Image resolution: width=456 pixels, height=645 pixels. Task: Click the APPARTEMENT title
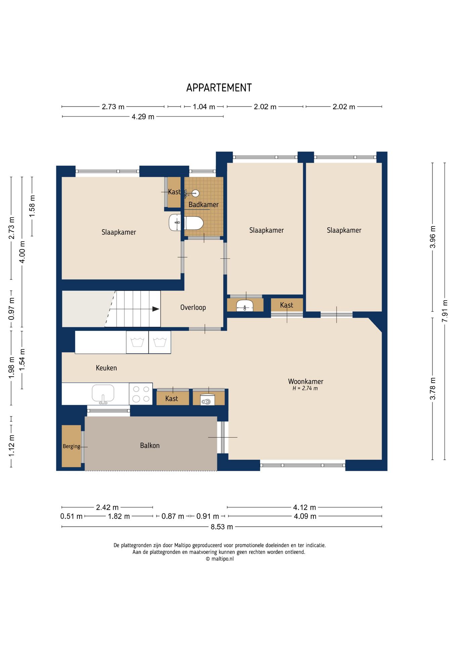tap(219, 88)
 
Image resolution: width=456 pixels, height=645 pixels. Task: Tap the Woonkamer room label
tap(306, 381)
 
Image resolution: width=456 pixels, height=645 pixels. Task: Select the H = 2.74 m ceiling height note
tap(305, 388)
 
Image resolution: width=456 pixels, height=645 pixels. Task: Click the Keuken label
tap(106, 368)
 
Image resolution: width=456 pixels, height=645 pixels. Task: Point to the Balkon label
tap(150, 445)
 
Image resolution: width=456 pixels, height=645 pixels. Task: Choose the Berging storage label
tap(72, 446)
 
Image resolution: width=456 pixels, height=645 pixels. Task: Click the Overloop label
tap(193, 307)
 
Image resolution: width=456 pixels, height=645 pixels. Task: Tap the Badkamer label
tap(203, 205)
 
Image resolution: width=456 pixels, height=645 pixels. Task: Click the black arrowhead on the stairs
tap(156, 309)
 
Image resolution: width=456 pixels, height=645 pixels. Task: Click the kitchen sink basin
tap(103, 394)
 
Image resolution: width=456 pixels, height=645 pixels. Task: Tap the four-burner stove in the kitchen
tap(141, 394)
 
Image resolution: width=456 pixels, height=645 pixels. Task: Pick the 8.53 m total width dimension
tap(222, 527)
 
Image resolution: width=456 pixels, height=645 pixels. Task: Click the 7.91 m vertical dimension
tap(445, 311)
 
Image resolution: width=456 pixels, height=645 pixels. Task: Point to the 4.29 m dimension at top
tap(143, 117)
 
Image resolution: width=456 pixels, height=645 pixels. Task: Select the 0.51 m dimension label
tap(71, 516)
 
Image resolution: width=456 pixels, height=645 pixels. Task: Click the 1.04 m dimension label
tap(204, 107)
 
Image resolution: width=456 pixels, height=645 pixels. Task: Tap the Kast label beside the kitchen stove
tap(172, 399)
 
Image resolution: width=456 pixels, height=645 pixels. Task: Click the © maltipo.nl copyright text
tap(220, 559)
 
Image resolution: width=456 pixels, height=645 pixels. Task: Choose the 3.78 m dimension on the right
tap(433, 389)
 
